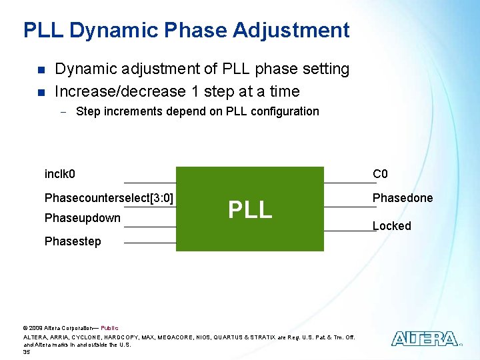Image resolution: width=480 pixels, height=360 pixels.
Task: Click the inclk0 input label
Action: [59, 175]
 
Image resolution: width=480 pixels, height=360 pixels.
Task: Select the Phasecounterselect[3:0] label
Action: [109, 198]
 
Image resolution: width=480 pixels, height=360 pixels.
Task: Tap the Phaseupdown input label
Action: [82, 218]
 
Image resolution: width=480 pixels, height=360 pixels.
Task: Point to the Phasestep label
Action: [73, 241]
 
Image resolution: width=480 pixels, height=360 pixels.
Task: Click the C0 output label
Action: [380, 175]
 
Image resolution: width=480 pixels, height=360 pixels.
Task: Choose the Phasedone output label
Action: [402, 198]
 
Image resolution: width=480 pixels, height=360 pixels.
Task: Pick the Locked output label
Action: [391, 226]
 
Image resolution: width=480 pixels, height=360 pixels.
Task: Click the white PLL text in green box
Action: [250, 209]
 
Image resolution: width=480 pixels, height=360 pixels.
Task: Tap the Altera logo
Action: [425, 339]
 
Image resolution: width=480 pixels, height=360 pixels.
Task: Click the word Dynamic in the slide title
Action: [111, 30]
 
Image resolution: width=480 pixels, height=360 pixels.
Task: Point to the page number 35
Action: [27, 352]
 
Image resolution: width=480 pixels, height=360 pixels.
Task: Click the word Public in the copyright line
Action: [109, 328]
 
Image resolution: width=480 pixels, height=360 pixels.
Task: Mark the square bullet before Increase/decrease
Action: [41, 92]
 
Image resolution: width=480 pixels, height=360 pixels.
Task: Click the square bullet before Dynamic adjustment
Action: [41, 69]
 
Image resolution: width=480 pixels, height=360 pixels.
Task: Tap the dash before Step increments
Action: [61, 112]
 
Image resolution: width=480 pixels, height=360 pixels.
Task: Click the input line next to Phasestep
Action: [150, 243]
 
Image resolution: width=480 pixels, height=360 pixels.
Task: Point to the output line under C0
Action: [349, 183]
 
